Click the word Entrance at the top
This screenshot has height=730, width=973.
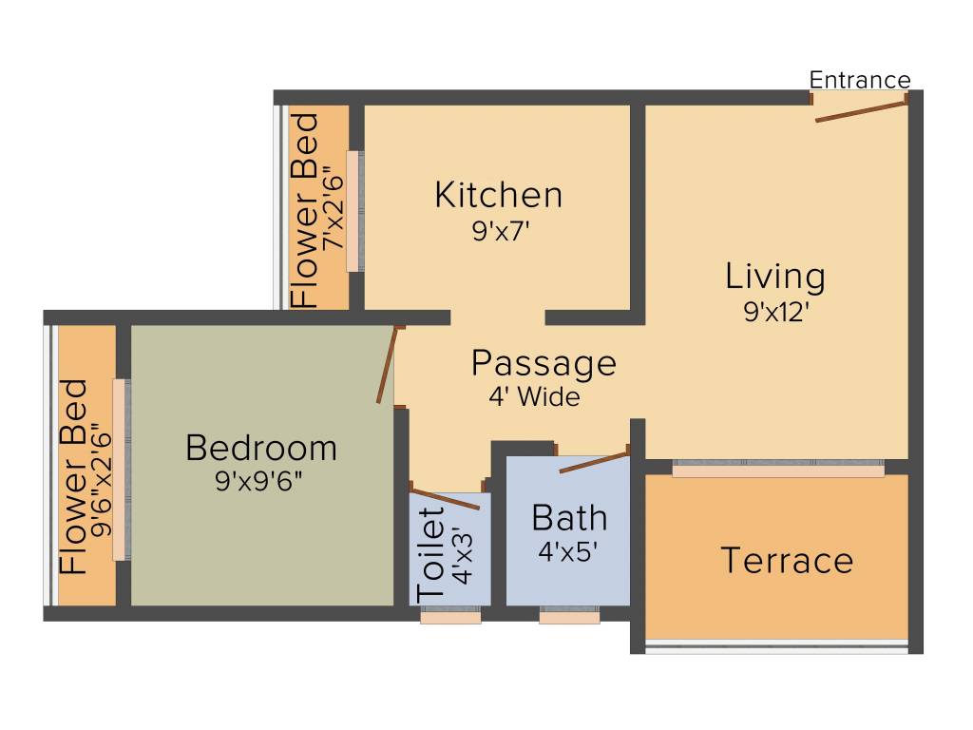[x=860, y=80]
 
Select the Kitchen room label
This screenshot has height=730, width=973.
[x=498, y=195]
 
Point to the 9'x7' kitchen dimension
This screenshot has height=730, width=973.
[x=499, y=232]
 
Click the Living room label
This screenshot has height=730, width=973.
[x=775, y=277]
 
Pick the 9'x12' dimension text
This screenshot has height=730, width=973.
[x=775, y=313]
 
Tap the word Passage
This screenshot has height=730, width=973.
[x=544, y=363]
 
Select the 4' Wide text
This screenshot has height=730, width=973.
[x=534, y=397]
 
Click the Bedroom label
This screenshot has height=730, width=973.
[x=261, y=447]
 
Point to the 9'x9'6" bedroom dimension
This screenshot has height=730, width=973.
[x=259, y=482]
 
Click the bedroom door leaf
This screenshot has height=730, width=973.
[x=386, y=365]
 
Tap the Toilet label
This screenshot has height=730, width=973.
[x=431, y=553]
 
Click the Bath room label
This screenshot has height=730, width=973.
[x=569, y=518]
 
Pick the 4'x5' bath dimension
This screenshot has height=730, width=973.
[x=568, y=551]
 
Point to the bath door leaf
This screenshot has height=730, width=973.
[x=594, y=462]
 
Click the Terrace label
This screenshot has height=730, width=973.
[x=787, y=560]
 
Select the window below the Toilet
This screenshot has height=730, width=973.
[x=450, y=617]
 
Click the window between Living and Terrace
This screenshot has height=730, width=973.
[x=777, y=470]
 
